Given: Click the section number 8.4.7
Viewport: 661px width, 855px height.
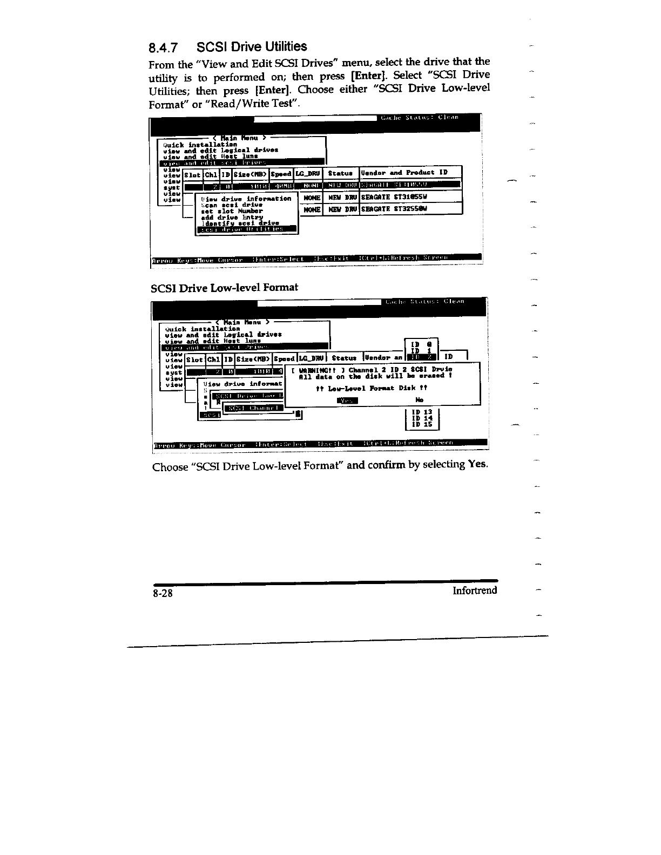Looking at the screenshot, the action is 163,48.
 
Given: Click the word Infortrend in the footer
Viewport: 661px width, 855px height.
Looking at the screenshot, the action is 475,590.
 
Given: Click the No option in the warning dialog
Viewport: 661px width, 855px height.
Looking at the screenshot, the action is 420,400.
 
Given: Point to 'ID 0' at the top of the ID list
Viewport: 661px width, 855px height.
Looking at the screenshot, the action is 421,344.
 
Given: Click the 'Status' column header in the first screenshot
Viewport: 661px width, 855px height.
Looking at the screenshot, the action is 340,173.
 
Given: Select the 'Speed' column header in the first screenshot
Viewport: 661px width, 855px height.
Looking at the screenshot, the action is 281,173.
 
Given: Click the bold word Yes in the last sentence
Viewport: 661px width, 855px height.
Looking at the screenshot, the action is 476,464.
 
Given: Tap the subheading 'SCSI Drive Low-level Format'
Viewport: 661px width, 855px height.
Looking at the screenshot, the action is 225,287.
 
